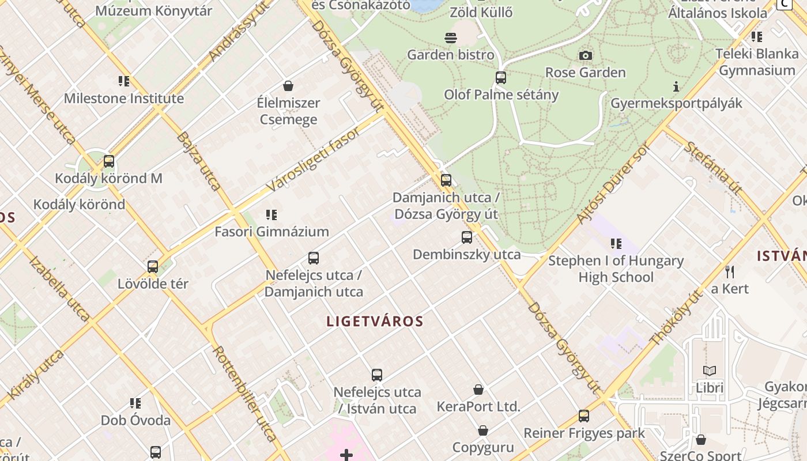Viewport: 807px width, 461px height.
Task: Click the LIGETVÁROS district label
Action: (375, 322)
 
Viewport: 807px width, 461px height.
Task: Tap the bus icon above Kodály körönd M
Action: (109, 161)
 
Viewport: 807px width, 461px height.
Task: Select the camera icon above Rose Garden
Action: (586, 55)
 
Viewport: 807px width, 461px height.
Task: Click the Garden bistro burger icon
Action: (451, 38)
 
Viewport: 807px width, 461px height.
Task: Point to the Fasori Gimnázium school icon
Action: (271, 215)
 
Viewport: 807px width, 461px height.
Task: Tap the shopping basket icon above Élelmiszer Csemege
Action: (288, 86)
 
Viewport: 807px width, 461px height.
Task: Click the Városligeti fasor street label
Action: (314, 160)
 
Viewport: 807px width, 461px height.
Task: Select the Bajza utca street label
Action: (199, 161)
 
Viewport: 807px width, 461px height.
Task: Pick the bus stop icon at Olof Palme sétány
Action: (501, 77)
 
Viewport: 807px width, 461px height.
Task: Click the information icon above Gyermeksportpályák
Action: (676, 86)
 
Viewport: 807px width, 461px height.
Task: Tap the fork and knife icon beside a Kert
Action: (730, 271)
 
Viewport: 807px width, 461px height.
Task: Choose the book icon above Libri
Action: (710, 371)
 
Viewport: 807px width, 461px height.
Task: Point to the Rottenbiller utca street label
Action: (244, 392)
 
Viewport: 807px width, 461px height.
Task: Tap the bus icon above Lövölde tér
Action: (153, 267)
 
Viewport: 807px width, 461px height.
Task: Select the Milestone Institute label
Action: (124, 99)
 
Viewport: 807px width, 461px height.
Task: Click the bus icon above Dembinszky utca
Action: (467, 237)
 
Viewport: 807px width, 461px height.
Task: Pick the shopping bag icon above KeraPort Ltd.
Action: (478, 390)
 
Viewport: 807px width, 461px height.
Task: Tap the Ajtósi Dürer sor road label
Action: (613, 183)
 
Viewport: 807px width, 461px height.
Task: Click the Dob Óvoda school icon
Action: (135, 403)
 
